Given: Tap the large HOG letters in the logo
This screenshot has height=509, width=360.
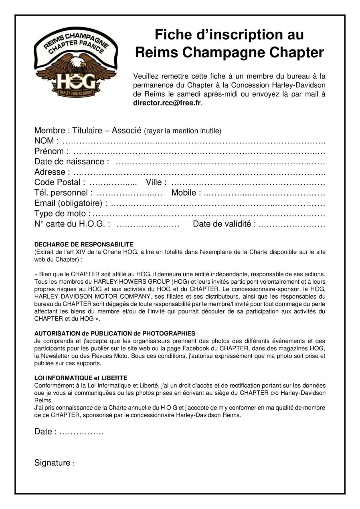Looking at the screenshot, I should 75,83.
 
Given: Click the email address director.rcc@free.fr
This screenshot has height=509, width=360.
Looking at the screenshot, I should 167,103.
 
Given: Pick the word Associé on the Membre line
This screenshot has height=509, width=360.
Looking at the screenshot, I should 126,130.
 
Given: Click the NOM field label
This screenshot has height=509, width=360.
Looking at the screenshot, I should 44,141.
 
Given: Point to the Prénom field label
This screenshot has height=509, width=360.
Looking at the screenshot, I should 50,151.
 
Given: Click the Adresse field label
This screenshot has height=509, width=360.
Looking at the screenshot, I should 50,172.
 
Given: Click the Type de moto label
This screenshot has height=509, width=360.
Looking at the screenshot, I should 61,214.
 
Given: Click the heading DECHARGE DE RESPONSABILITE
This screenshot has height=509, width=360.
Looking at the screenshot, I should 84,244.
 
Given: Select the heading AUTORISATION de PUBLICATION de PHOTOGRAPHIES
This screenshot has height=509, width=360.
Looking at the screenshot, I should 115,333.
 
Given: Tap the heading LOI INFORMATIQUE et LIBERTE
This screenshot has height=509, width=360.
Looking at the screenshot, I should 81,378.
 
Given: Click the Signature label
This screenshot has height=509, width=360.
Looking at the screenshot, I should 53,463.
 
